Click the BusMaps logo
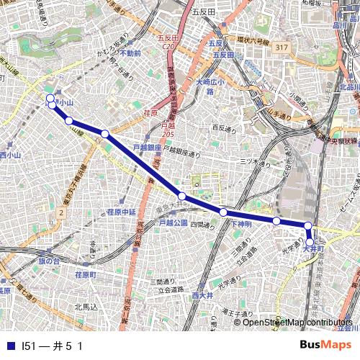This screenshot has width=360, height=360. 326,345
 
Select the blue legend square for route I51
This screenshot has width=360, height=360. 9,346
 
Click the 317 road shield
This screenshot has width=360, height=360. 282,48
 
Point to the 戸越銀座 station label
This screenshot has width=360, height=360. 146,148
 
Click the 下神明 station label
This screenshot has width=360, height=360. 241,224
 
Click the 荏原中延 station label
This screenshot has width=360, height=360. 121,212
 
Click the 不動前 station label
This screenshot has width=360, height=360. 130,53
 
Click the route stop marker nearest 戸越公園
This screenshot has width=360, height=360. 182,196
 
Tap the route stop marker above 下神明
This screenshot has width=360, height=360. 223,212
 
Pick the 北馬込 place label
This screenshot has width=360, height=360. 85,307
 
